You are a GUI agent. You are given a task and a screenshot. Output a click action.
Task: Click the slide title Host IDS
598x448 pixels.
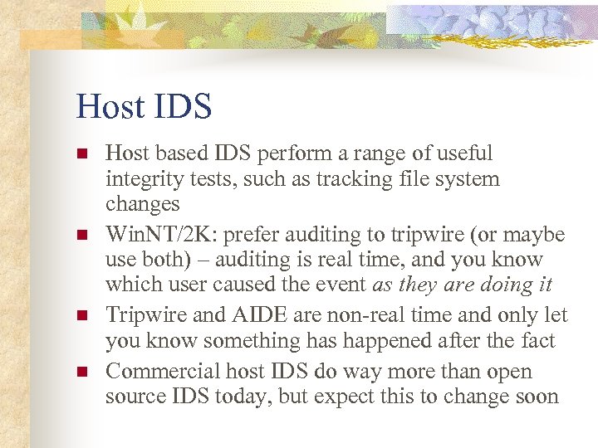click(x=144, y=106)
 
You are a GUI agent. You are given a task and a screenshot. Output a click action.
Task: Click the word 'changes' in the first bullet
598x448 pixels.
click(x=142, y=204)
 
